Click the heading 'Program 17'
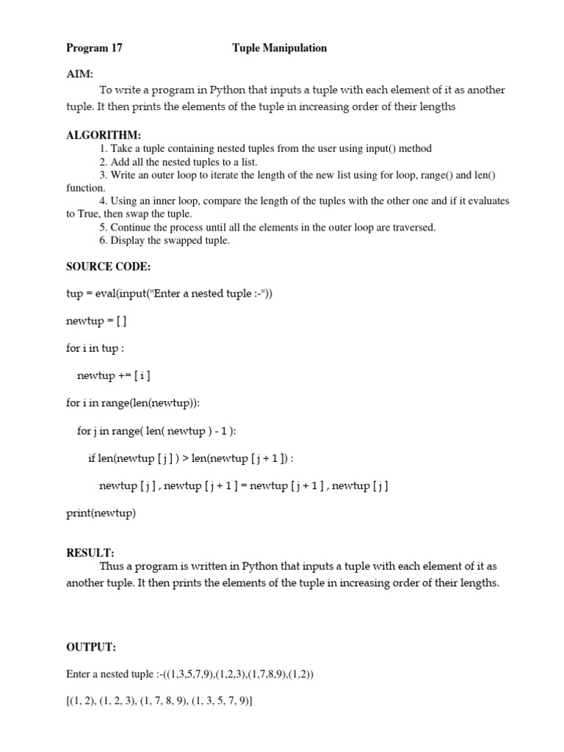coord(94,48)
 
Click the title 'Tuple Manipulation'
coord(279,48)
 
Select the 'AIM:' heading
coord(79,75)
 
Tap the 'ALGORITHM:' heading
coord(103,135)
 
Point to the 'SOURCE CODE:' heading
coord(108,267)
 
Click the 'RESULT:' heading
coord(90,553)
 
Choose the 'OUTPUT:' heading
coord(91,647)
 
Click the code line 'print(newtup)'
coord(101,513)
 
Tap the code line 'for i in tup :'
coord(95,348)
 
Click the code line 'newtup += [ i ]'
coord(114,376)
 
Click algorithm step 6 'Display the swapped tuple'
coord(164,241)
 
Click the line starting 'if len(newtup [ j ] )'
coord(191,459)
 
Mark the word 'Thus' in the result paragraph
coord(111,567)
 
